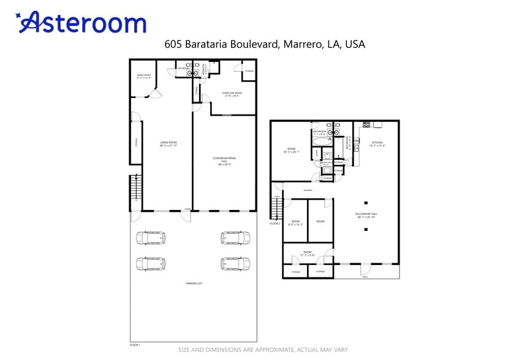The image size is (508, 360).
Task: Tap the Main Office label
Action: click(x=144, y=76)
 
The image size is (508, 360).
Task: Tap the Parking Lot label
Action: click(x=194, y=283)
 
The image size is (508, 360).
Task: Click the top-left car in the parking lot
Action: click(x=151, y=238)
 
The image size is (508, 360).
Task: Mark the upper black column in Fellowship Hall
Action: click(x=365, y=202)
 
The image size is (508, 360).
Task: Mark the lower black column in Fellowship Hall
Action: click(x=365, y=229)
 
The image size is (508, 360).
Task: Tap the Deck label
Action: click(x=366, y=277)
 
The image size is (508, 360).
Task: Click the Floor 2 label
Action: click(x=275, y=223)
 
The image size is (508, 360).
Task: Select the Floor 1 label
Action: click(x=135, y=345)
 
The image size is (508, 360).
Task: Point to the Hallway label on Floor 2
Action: click(x=308, y=190)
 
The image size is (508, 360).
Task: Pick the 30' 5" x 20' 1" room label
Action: click(x=291, y=150)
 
